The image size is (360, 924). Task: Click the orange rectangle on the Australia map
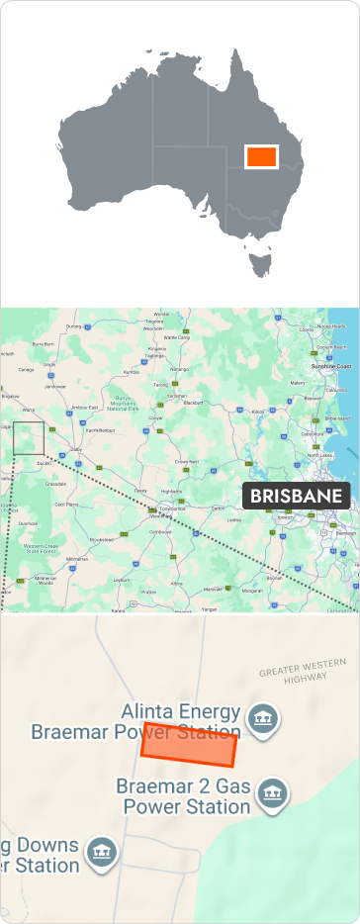coord(261,156)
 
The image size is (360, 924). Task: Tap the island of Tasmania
coord(261,264)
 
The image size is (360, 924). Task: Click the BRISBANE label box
coord(296,496)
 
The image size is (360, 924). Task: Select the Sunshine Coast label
coord(330,366)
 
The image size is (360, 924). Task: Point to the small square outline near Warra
coord(29,438)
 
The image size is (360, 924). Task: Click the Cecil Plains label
coord(66,504)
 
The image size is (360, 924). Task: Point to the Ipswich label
coord(286,516)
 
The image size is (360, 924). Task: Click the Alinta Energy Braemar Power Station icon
coord(261,719)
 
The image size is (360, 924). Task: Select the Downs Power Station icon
coord(102,851)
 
